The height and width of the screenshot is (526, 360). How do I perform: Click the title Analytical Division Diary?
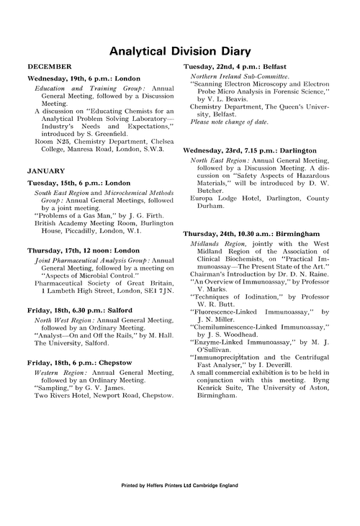[x=180, y=52]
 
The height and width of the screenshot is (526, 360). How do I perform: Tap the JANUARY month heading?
[x=46, y=171]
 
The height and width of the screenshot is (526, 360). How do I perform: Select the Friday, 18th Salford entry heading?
[x=80, y=310]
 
